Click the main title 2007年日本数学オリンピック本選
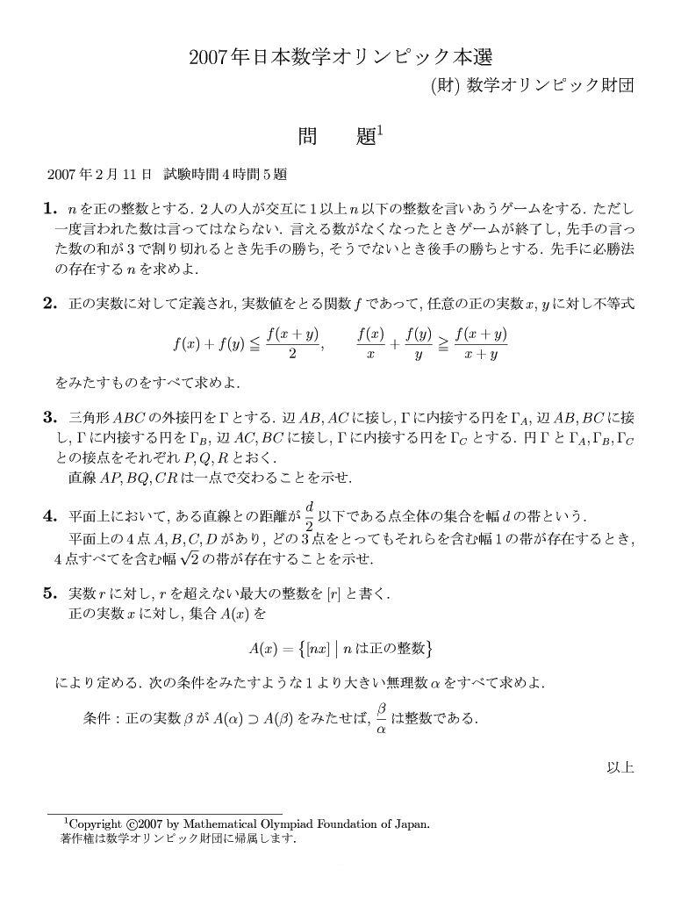pos(341,58)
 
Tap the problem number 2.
pos(49,304)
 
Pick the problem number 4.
pos(49,515)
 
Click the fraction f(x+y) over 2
pos(292,343)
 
